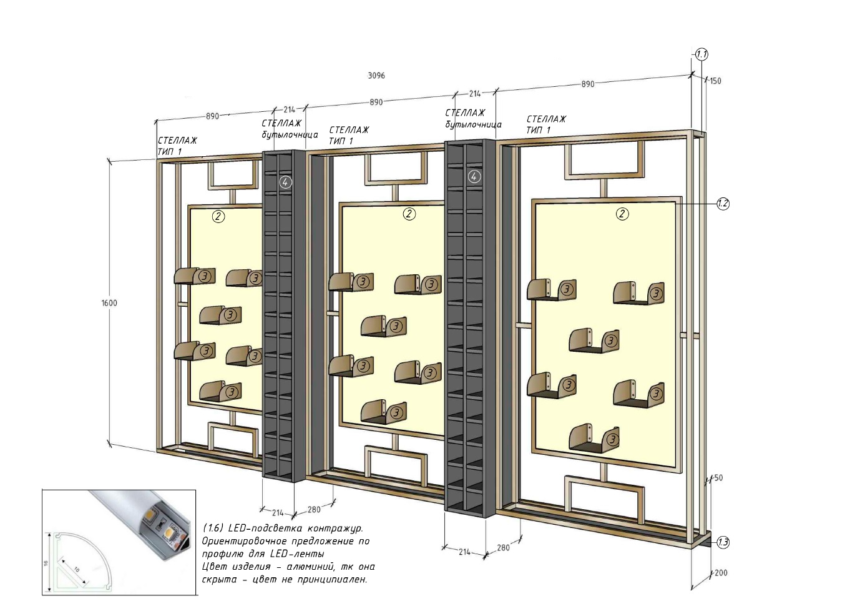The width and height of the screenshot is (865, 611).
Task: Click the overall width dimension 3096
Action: click(376, 76)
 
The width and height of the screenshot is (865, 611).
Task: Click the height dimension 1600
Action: click(109, 303)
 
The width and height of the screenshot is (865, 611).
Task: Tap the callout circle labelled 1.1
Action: click(701, 55)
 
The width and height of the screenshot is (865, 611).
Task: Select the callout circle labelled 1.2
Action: click(723, 203)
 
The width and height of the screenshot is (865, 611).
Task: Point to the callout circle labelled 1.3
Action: click(723, 543)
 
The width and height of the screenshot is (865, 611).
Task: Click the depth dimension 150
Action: click(716, 81)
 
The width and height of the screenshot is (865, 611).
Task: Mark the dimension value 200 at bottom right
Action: click(721, 573)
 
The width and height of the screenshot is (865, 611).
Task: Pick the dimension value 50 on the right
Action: click(718, 478)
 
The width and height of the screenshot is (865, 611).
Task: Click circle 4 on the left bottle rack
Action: click(285, 182)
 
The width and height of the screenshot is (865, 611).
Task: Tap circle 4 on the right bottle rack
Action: click(474, 177)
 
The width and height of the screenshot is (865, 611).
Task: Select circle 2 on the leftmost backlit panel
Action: click(218, 217)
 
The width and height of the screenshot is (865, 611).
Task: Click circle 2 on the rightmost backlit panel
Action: click(622, 214)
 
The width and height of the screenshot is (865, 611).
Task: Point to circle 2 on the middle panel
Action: click(409, 214)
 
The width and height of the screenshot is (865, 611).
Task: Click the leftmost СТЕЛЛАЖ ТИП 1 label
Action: click(177, 146)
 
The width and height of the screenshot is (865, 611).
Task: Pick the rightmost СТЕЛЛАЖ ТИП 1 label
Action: click(546, 124)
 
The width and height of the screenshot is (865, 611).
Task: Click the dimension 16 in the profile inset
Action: click(46, 563)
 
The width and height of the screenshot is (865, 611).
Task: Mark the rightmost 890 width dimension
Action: click(588, 84)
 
